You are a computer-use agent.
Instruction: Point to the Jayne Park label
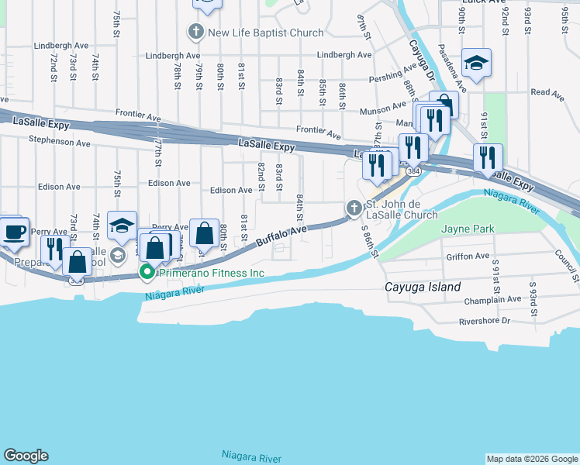(x=468, y=229)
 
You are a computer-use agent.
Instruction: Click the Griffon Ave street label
(x=468, y=256)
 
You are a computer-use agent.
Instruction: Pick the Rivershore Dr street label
(x=485, y=320)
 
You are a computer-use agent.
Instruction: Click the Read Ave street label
(x=547, y=92)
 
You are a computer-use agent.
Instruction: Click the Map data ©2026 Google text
(x=532, y=459)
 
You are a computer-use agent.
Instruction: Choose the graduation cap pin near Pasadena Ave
(x=476, y=64)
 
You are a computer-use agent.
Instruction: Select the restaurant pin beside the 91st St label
(x=488, y=157)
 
